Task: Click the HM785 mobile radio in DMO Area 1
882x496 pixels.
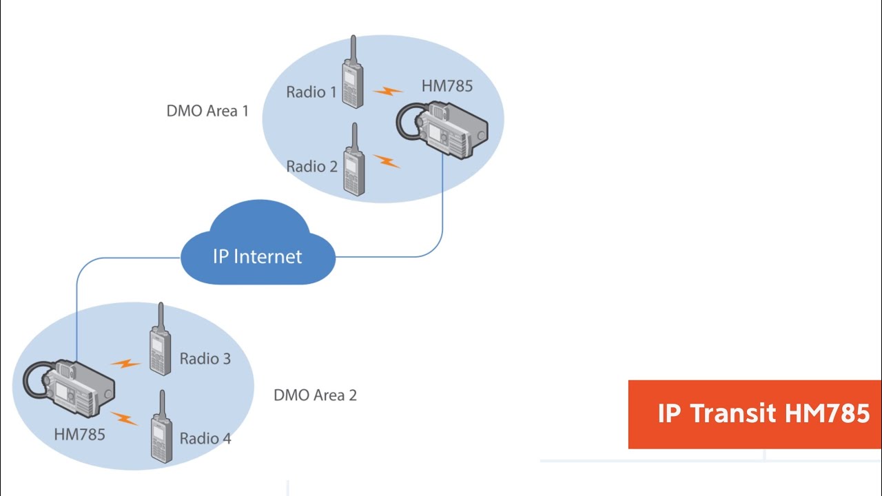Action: click(444, 129)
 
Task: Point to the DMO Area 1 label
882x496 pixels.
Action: click(207, 110)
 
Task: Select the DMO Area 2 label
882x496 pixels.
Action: click(315, 395)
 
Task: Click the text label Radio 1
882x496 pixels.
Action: click(311, 92)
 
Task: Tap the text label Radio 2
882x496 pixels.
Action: click(311, 166)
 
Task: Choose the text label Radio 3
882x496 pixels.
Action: click(205, 358)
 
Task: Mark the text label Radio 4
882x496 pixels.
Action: click(205, 438)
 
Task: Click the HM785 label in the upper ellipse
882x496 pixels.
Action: click(447, 87)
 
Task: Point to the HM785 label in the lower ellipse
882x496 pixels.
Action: click(80, 434)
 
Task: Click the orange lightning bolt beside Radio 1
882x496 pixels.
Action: click(388, 90)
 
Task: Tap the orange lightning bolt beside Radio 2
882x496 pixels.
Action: click(387, 161)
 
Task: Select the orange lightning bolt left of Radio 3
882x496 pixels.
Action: click(125, 362)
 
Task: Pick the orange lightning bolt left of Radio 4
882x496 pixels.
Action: click(125, 417)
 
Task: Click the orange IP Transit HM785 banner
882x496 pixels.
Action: click(755, 414)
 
